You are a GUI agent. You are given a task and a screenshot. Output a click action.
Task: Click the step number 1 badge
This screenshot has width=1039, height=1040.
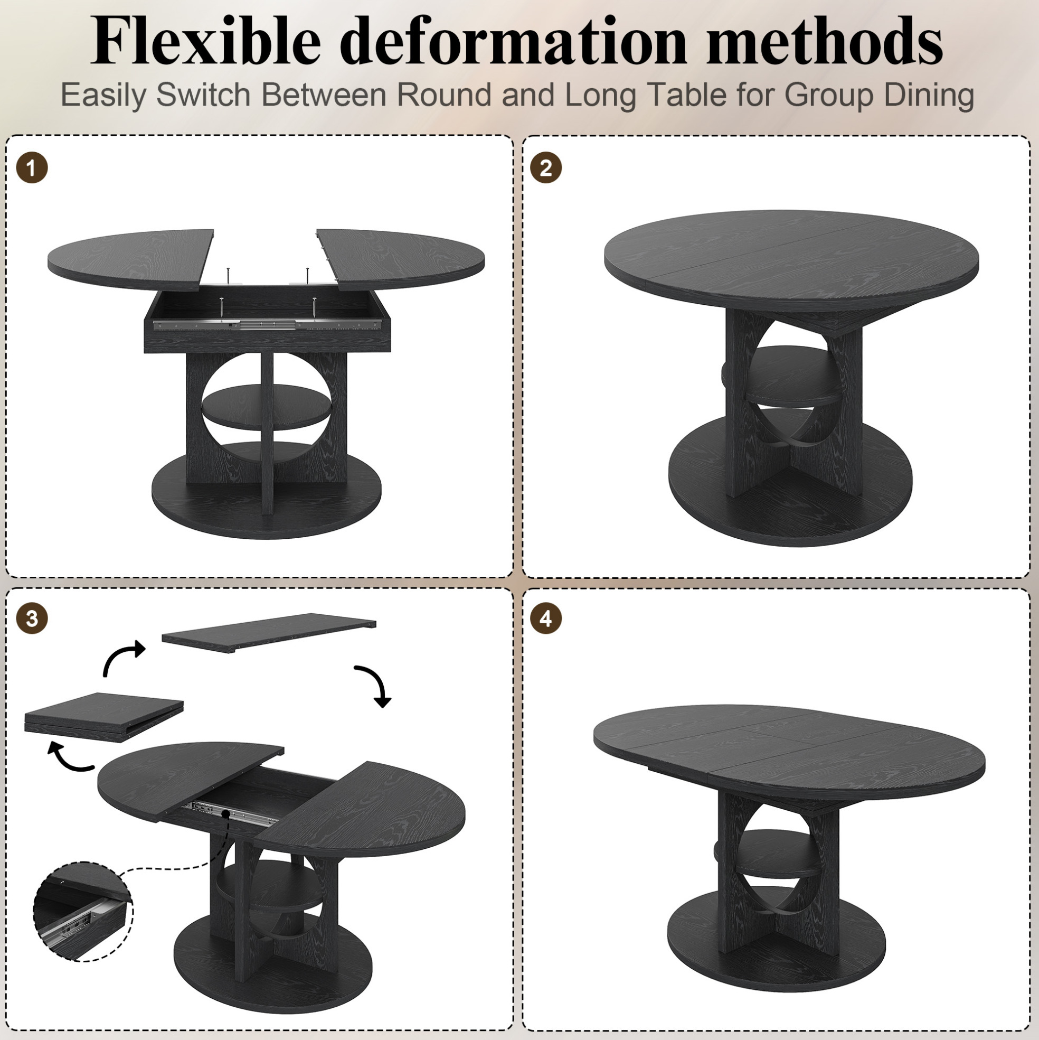pos(32,168)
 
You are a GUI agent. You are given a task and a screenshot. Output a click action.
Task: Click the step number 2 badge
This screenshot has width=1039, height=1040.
pos(545,168)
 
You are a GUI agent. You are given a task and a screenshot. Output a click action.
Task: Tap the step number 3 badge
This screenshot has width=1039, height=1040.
pos(32,619)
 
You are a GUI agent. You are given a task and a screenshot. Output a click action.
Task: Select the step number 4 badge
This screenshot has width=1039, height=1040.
pos(545,619)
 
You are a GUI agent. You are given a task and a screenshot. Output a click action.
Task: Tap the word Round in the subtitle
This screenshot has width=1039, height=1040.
pos(445,95)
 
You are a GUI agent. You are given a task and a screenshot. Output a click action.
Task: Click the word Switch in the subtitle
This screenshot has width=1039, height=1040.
pos(203,95)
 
